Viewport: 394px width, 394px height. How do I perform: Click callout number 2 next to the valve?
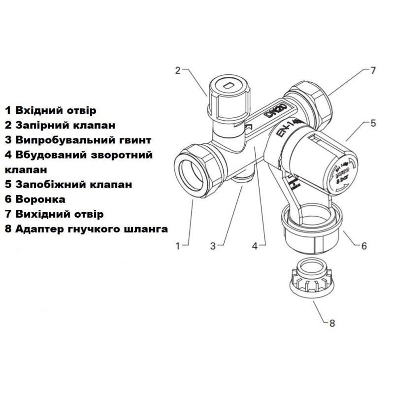tap(178, 69)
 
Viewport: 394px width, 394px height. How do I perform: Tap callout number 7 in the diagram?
tap(373, 70)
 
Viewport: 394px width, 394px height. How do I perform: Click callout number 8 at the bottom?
tap(331, 324)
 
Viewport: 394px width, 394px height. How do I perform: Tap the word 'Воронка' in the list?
tap(34, 199)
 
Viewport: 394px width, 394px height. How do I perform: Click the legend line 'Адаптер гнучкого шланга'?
tap(86, 229)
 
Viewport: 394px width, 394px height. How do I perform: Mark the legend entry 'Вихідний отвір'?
tap(54, 214)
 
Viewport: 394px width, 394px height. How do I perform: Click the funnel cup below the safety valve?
tap(310, 226)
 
